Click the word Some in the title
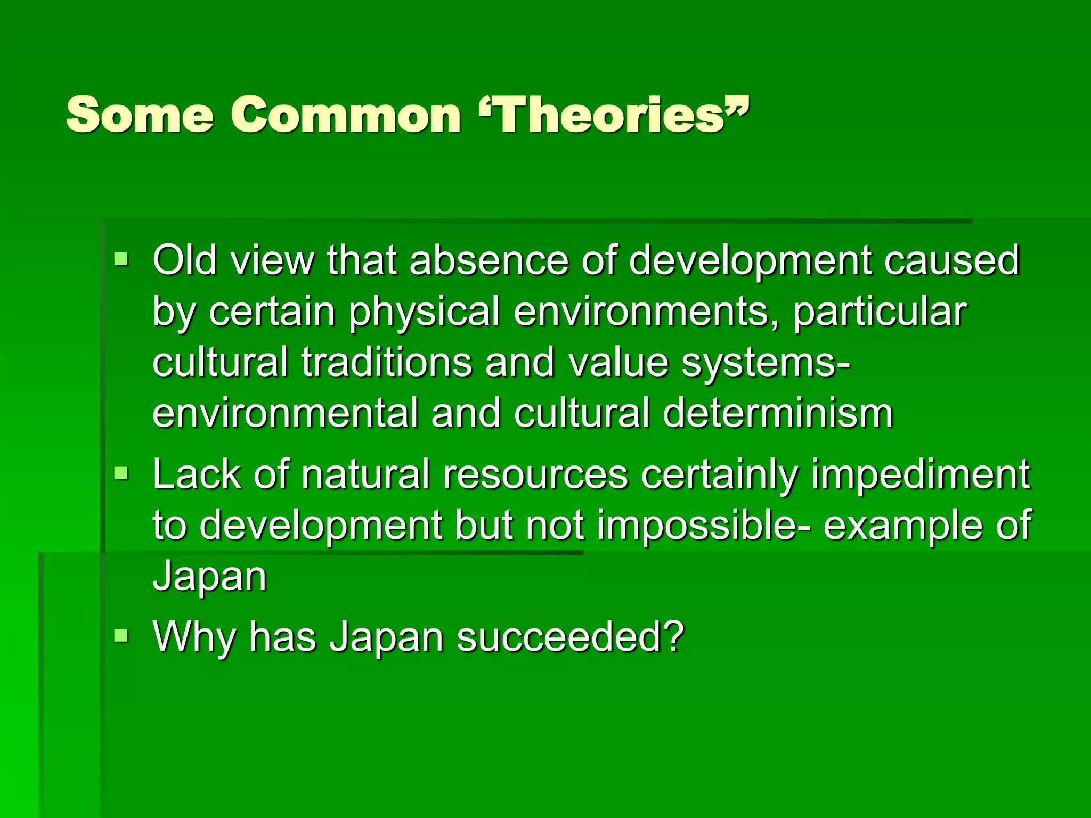140,114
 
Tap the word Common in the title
346,114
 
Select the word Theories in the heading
610,114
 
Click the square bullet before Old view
121,260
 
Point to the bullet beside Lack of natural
121,472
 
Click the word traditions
387,362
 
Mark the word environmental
286,413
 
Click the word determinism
778,413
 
